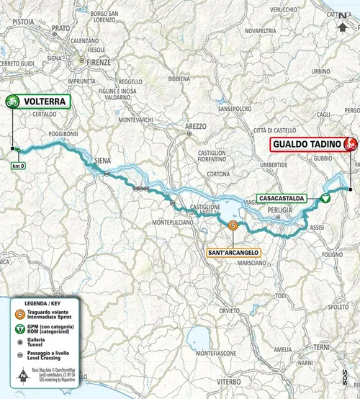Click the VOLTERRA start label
45,102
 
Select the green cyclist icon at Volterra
12,102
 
